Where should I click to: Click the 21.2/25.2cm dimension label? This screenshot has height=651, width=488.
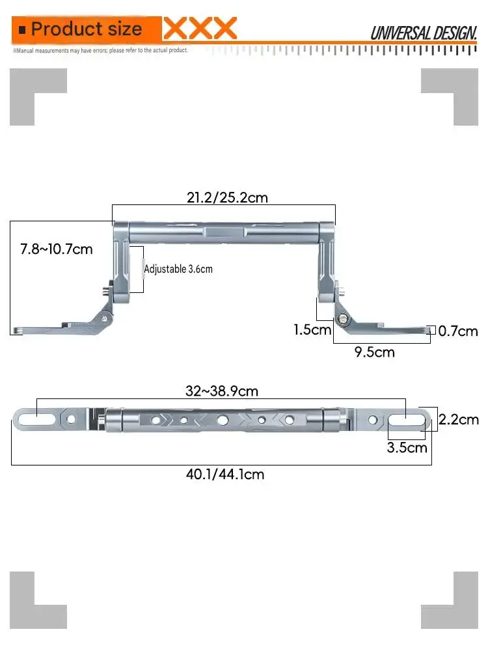[x=227, y=197]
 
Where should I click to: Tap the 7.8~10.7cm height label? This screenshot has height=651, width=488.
[x=57, y=249]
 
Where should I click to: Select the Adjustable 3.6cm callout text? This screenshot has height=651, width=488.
[x=178, y=269]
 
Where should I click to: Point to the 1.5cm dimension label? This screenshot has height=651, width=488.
[x=312, y=329]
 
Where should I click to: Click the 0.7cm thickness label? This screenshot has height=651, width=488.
[x=458, y=331]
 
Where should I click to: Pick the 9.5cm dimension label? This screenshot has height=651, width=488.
[x=374, y=352]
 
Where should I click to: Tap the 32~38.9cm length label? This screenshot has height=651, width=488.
[x=222, y=391]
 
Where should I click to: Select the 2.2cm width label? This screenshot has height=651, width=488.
[x=459, y=419]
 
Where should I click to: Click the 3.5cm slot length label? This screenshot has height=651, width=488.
[x=407, y=448]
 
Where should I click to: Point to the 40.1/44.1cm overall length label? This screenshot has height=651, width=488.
[x=225, y=474]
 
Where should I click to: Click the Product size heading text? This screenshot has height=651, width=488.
[x=87, y=29]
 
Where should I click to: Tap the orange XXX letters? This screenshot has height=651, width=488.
[x=200, y=28]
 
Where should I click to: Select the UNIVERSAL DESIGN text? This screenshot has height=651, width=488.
[x=424, y=33]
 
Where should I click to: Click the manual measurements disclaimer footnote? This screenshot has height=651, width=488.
[x=100, y=50]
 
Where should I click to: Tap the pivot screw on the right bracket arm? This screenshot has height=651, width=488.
[x=342, y=318]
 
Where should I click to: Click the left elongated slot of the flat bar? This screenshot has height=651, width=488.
[x=36, y=419]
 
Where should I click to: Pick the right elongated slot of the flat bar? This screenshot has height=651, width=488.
[x=407, y=419]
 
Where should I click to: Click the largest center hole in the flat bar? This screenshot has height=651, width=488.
[x=223, y=420]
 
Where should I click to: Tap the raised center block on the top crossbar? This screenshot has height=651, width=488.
[x=226, y=231]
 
